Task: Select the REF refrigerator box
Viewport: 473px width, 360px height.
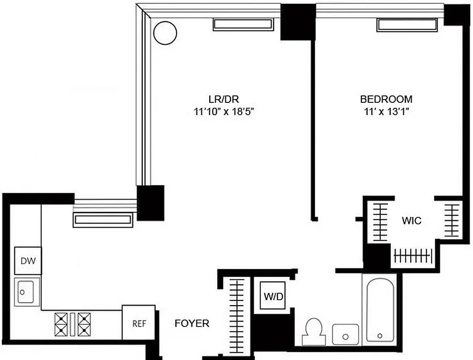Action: point(139,324)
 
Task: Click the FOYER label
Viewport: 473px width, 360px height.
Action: point(192,324)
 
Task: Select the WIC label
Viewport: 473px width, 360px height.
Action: point(411,221)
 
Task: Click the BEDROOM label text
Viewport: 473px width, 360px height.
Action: point(386,99)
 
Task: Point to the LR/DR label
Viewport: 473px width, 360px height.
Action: point(223,99)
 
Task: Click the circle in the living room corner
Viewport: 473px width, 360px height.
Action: point(165,33)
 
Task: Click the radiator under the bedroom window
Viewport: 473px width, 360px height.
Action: point(406,25)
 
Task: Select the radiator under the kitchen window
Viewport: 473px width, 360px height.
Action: point(103,220)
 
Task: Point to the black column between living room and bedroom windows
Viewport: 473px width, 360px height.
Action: point(298,22)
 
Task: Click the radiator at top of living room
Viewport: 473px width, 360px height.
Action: point(243,24)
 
